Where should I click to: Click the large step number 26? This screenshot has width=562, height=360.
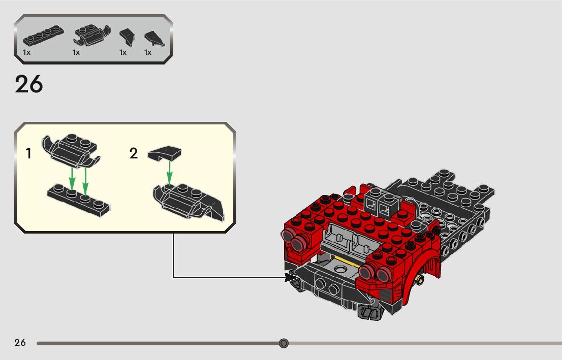point(29,84)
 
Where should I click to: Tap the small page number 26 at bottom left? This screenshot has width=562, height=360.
point(20,343)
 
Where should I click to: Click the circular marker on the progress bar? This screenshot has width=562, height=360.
point(284,343)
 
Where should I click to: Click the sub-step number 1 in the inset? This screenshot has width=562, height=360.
point(29,153)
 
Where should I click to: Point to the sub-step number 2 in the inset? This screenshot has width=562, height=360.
point(134,153)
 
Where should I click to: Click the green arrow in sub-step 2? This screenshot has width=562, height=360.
point(169,174)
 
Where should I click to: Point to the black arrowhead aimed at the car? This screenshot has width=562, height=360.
point(292,277)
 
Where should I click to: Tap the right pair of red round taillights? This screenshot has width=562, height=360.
point(371,272)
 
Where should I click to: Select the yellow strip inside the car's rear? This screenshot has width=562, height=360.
point(346,262)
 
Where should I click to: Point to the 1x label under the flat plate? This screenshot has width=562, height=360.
point(26,52)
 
